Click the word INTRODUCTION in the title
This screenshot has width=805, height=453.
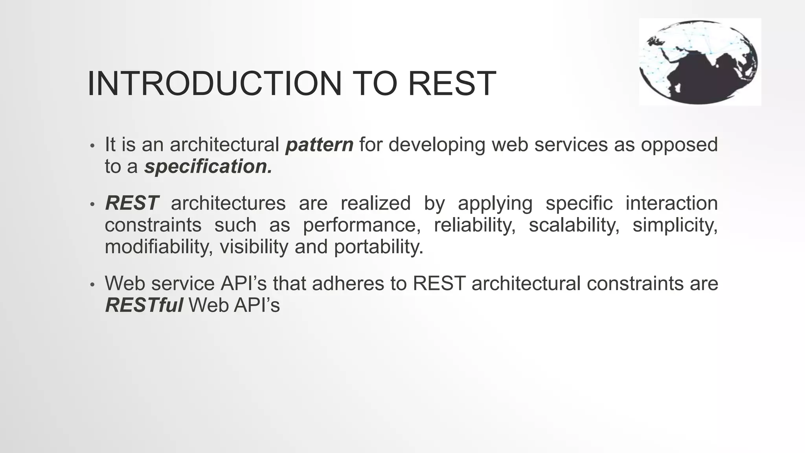[214, 83]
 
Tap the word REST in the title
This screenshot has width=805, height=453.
[452, 83]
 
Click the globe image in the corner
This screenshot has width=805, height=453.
[700, 62]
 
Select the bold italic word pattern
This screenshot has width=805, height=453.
[319, 145]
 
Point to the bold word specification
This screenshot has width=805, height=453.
[208, 167]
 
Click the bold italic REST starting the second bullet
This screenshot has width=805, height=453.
[132, 203]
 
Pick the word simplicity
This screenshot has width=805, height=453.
[675, 225]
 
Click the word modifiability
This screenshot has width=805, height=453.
[159, 247]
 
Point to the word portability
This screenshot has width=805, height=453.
[379, 247]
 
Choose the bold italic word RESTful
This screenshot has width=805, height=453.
[144, 305]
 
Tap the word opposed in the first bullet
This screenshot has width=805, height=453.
[679, 145]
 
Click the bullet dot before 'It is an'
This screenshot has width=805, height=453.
[92, 146]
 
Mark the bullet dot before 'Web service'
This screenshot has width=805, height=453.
[92, 285]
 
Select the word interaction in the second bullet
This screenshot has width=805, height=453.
[671, 203]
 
